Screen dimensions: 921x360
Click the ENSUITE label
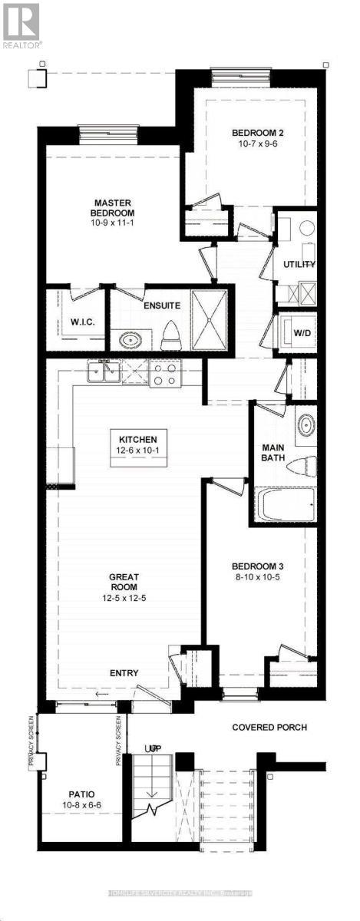coord(162,305)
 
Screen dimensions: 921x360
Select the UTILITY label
coord(300,264)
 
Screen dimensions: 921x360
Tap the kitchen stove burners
coord(163,373)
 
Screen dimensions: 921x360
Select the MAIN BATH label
coord(273,453)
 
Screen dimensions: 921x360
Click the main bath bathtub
coord(285,506)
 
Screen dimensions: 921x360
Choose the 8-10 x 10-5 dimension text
coord(259,578)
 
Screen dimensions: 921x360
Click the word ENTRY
coord(124,673)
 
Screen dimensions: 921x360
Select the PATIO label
coord(81,794)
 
